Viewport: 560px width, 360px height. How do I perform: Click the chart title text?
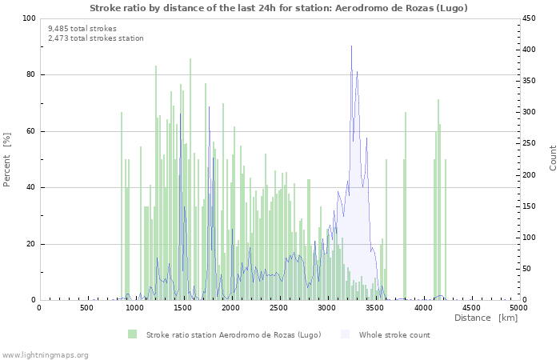pos(278,8)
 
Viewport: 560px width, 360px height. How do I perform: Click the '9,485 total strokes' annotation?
pos(82,29)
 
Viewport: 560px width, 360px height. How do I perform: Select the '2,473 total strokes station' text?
pos(95,38)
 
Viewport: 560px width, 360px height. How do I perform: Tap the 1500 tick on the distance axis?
pos(182,308)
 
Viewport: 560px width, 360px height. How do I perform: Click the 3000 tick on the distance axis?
pos(326,308)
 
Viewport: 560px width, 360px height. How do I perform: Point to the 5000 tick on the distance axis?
pos(518,308)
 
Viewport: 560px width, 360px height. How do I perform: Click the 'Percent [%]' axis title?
pos(8,159)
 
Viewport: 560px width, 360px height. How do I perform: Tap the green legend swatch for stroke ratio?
pos(132,334)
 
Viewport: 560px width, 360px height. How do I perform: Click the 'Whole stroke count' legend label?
pos(394,334)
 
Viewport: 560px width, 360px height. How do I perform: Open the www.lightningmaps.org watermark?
pos(45,354)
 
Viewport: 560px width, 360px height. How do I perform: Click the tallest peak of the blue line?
pos(351,46)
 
